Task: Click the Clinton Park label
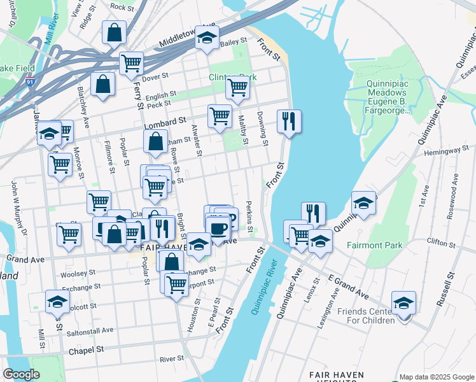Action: [x=233, y=78]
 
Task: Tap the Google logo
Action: [x=21, y=374]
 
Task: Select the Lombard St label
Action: [x=164, y=120]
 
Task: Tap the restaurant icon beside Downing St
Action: [x=290, y=121]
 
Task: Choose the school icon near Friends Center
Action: [x=403, y=302]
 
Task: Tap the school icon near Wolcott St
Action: [x=57, y=301]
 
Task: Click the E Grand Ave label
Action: [x=349, y=288]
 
